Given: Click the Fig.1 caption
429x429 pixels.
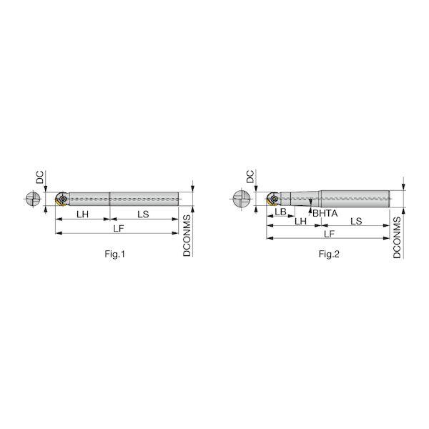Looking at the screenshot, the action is point(114,254).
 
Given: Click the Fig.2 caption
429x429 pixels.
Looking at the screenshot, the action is point(329,254).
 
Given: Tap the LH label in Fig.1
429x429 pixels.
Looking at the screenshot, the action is point(82,214).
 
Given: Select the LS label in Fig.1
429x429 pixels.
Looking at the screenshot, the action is point(143,214).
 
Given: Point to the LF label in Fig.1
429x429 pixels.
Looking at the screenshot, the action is point(119,229).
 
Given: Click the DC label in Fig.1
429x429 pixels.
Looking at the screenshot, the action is point(40,177).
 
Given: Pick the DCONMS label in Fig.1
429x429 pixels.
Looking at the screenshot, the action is point(187,235).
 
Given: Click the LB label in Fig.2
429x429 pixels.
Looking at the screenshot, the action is point(280,212).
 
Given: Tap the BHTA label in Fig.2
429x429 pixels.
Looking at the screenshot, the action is point(325,213).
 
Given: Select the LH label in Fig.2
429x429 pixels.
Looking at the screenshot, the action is point(300,221).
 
